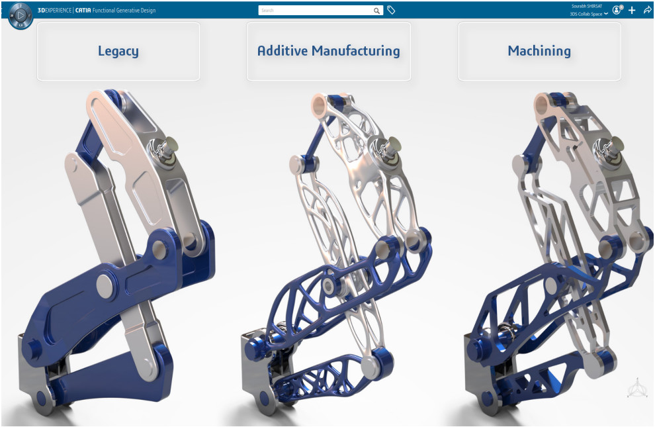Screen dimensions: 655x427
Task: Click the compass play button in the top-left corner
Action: click(21, 16)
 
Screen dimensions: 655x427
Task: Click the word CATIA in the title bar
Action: click(83, 11)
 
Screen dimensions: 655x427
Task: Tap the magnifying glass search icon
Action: click(376, 11)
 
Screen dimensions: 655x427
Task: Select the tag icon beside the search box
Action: click(391, 10)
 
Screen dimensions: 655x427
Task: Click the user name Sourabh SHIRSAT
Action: click(587, 6)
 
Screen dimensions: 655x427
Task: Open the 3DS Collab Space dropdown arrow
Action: click(605, 14)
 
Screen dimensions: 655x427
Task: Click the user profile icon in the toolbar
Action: click(617, 10)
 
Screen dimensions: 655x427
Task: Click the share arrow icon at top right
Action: click(647, 10)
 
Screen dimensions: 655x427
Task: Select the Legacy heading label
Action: click(118, 51)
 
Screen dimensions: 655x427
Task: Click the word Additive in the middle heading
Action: click(283, 50)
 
